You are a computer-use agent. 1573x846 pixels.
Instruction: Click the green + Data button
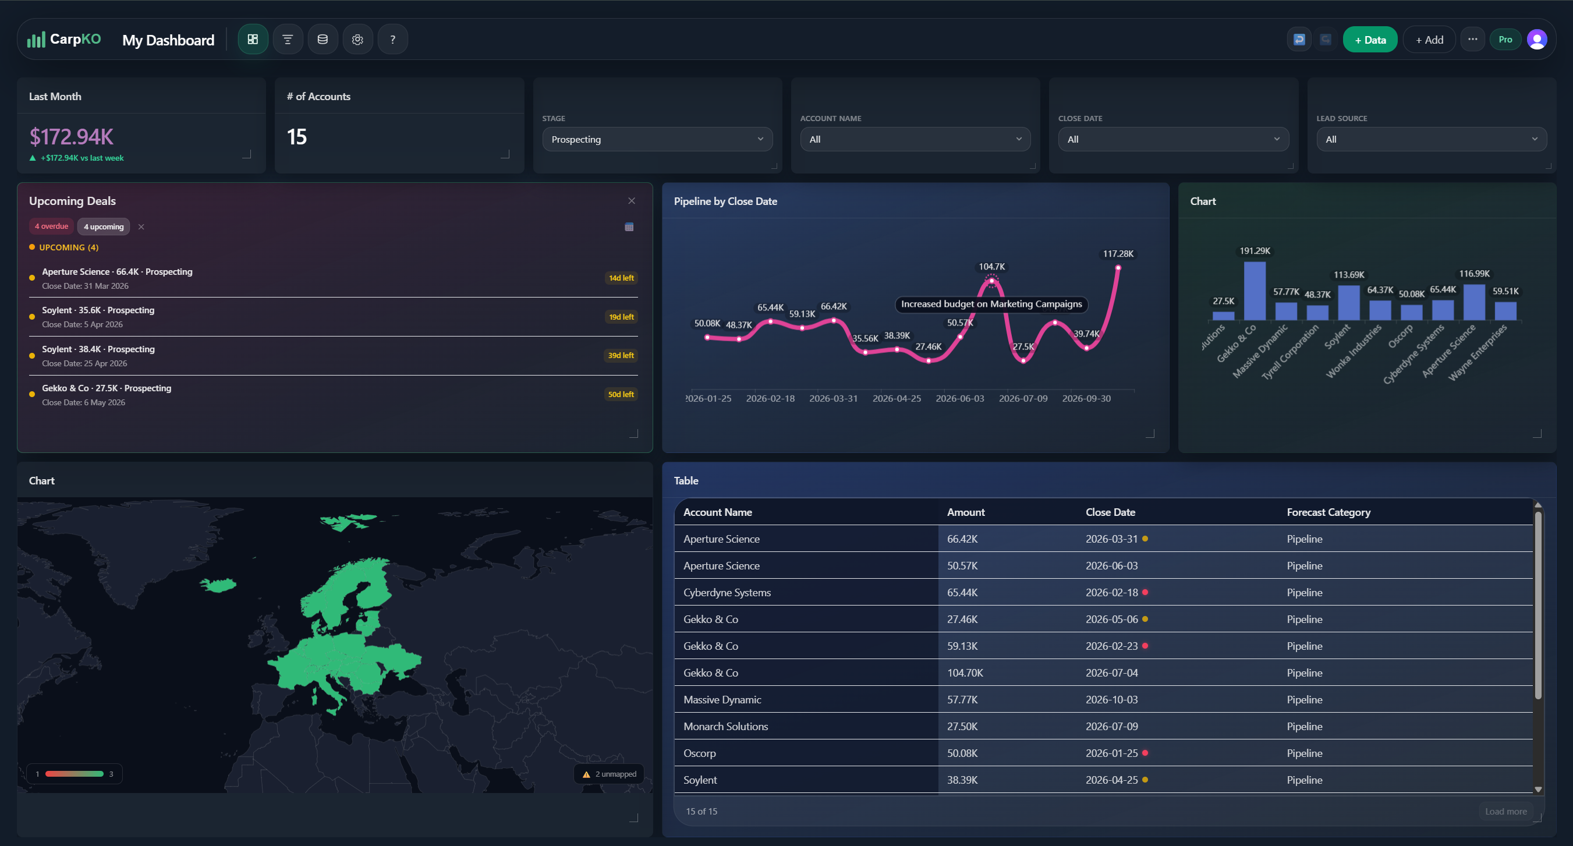pos(1370,40)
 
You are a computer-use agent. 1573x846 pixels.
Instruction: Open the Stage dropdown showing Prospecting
pos(657,139)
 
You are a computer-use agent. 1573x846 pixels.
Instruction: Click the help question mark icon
pos(392,40)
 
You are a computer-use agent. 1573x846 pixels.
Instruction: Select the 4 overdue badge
pos(51,226)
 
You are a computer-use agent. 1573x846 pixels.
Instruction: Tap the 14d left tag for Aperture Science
pos(621,278)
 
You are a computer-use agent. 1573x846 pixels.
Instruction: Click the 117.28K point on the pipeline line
pos(1118,268)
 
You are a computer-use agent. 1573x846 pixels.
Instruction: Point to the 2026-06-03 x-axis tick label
pos(960,398)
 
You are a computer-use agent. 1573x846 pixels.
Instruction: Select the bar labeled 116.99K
pos(1474,302)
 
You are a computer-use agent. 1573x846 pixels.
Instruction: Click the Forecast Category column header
pos(1328,512)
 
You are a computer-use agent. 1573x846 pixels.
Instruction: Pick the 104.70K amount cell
pos(965,672)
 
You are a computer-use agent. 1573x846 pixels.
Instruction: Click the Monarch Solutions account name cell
pos(725,726)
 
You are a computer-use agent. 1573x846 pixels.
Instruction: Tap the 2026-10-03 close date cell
pos(1111,699)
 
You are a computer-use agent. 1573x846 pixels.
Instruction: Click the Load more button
pos(1505,811)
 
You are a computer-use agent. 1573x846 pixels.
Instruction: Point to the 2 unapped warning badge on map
pos(609,774)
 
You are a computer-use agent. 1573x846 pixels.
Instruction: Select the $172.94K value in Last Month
pos(72,137)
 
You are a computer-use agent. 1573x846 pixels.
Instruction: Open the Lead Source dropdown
pos(1431,139)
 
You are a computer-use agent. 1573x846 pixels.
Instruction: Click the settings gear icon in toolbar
pos(358,40)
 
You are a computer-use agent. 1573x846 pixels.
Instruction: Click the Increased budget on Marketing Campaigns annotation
pos(991,304)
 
